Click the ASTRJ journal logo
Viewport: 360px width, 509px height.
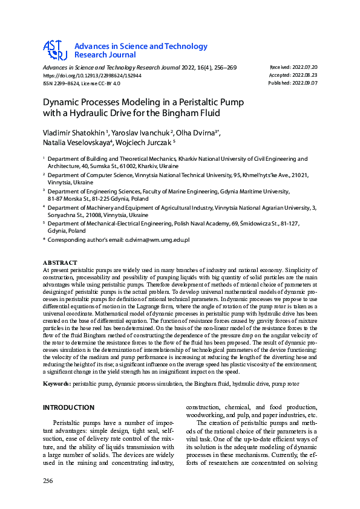(54, 50)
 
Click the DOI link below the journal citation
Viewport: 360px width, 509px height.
(92, 76)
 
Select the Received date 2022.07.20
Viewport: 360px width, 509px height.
(303, 67)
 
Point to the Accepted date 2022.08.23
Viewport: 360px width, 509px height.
(303, 75)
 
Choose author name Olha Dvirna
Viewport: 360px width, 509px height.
(195, 132)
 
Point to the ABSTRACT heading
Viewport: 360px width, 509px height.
(59, 263)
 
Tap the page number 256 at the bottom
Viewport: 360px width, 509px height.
(48, 481)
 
